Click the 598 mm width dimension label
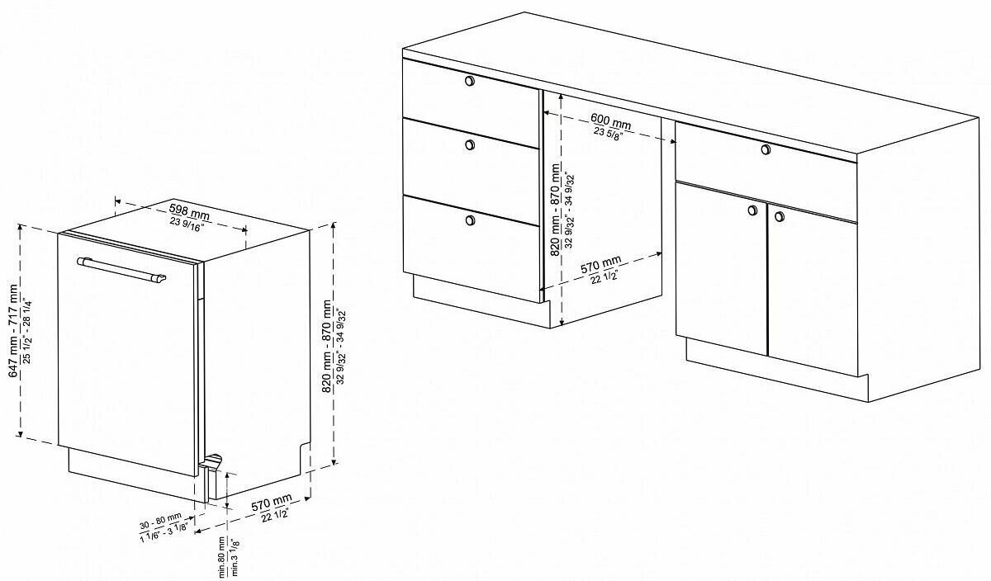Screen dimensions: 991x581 (x=189, y=211)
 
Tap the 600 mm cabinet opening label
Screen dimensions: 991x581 (x=611, y=120)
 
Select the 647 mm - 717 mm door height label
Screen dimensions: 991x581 (x=14, y=331)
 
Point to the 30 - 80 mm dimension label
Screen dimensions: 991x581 (x=160, y=521)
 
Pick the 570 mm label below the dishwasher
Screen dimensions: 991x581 (x=272, y=503)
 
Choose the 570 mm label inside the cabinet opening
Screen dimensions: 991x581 (x=601, y=265)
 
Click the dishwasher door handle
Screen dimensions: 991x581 (x=121, y=269)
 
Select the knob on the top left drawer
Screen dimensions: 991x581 (x=469, y=81)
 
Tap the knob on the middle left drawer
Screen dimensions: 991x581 (x=470, y=144)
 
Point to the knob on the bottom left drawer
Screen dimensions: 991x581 (x=470, y=220)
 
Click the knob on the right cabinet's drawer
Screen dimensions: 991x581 (x=766, y=149)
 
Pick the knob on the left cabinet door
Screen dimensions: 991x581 (x=752, y=210)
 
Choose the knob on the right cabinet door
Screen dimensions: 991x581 (x=779, y=216)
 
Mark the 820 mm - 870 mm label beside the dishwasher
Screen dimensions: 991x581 (x=326, y=346)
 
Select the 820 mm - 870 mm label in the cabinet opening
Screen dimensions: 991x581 (x=555, y=210)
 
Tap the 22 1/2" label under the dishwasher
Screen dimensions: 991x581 (x=275, y=515)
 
